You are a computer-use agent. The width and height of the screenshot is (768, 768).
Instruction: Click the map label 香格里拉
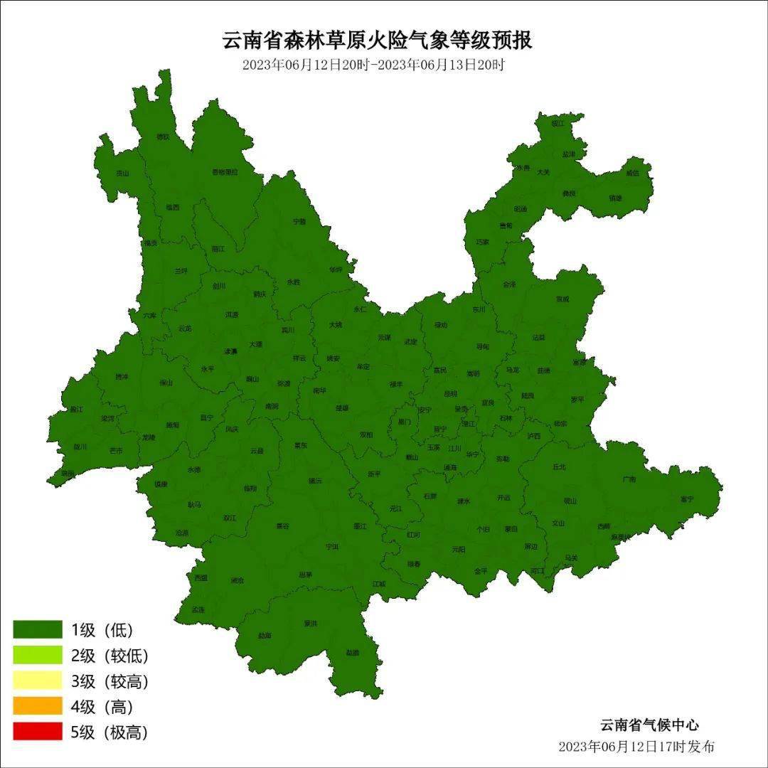225,172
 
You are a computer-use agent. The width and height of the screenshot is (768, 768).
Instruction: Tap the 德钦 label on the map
164,137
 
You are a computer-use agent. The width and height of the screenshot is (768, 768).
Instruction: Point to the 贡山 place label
123,173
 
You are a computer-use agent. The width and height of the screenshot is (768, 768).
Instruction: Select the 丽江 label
218,249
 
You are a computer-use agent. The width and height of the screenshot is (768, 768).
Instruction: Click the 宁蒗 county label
299,222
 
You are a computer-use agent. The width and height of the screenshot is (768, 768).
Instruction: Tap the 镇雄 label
615,198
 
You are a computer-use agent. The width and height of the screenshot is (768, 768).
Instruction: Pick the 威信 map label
632,173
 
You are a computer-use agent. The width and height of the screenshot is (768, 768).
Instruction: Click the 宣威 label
562,299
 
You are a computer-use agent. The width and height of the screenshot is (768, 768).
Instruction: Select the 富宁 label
686,499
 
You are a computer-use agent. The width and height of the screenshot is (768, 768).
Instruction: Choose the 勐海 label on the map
265,635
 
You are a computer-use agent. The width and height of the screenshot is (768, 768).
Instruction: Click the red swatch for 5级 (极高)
38,731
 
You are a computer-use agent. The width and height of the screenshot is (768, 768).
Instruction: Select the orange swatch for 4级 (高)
38,705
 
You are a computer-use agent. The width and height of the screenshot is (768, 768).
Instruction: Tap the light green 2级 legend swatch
38,655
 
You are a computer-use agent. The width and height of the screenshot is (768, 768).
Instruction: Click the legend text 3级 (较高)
110,681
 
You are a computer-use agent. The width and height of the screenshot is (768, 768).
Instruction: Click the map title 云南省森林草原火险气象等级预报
378,41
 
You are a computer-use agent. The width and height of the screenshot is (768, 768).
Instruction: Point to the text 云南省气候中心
649,725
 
